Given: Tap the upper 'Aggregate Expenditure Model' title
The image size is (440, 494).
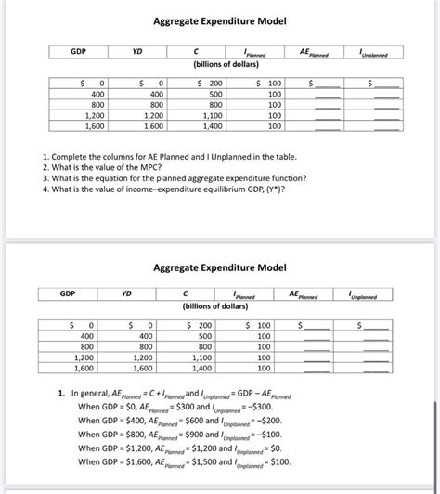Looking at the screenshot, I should click(220, 20).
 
